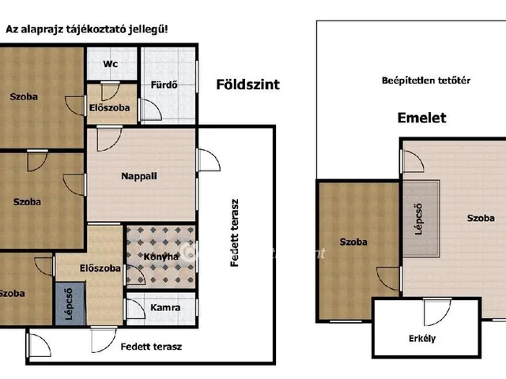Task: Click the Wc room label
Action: coord(111,64)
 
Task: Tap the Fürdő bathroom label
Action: coord(164,85)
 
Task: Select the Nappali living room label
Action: coord(139,176)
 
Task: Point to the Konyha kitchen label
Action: coord(160,257)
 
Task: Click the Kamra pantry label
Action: coord(165,307)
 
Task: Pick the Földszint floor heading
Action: coord(247,84)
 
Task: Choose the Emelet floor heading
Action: coord(421,118)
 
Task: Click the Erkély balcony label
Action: coord(422,339)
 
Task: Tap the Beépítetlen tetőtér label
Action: coord(426,81)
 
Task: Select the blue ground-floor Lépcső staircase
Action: coord(70,304)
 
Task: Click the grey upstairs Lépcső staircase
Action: coord(421,219)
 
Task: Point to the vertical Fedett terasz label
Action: coord(235,233)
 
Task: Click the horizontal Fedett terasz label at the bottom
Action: coord(151,347)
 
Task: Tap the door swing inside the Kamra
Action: coord(136,309)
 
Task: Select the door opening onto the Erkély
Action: coord(437,312)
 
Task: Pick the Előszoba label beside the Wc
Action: coord(109,108)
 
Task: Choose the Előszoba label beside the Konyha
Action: coord(100,268)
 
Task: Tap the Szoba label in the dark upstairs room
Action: coord(353,242)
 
